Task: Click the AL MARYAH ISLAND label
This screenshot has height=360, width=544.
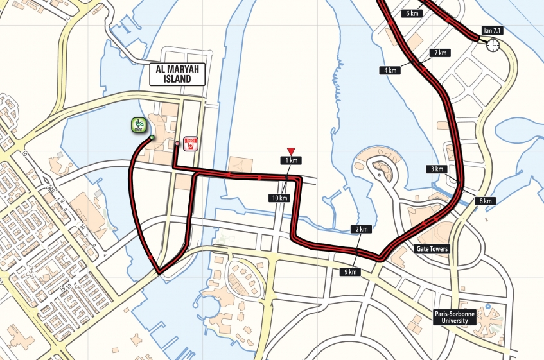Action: coord(177,74)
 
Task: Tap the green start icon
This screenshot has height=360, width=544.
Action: coord(137,126)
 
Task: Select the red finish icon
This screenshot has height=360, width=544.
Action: coord(190,143)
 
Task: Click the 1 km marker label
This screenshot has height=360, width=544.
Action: coord(290,160)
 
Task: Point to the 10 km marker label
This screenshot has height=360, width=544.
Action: coord(279,198)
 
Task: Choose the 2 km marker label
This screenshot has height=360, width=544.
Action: coord(361,229)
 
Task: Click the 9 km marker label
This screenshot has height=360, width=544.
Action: coord(351,272)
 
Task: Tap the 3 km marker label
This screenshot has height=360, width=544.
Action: coord(436,169)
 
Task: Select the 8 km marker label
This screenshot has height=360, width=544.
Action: coord(485,201)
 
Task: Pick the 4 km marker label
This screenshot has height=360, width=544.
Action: coord(390,71)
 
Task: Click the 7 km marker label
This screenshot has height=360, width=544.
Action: coord(441,53)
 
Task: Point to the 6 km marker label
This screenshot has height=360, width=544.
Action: coord(412,13)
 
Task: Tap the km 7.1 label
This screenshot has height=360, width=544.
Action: coord(492,31)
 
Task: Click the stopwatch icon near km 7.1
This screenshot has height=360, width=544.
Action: coord(493,45)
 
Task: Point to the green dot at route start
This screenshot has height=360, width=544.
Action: coord(152,137)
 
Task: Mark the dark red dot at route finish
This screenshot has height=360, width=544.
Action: coord(177,144)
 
